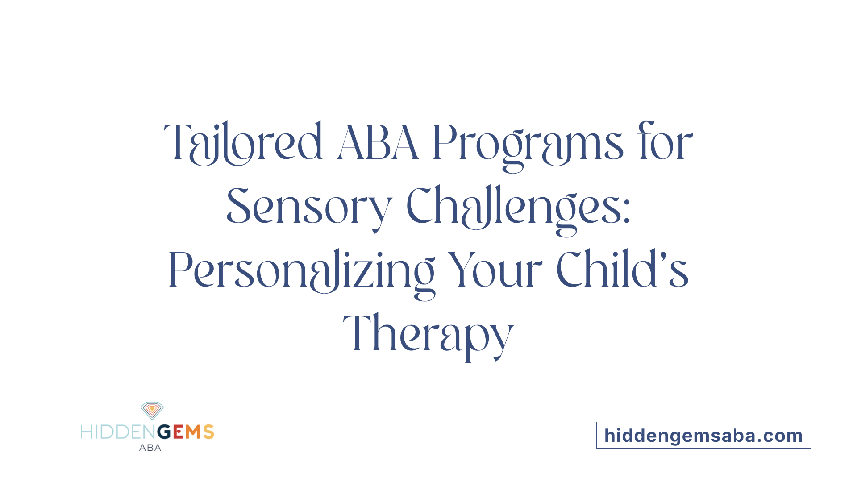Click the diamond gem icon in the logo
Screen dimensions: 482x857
[x=152, y=410]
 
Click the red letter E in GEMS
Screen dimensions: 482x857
[x=178, y=432]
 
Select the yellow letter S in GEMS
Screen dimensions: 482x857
[x=208, y=432]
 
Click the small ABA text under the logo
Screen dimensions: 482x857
[x=150, y=448]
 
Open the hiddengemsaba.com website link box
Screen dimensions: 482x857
[x=703, y=436]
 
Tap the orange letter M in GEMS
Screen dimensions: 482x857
[x=193, y=432]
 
